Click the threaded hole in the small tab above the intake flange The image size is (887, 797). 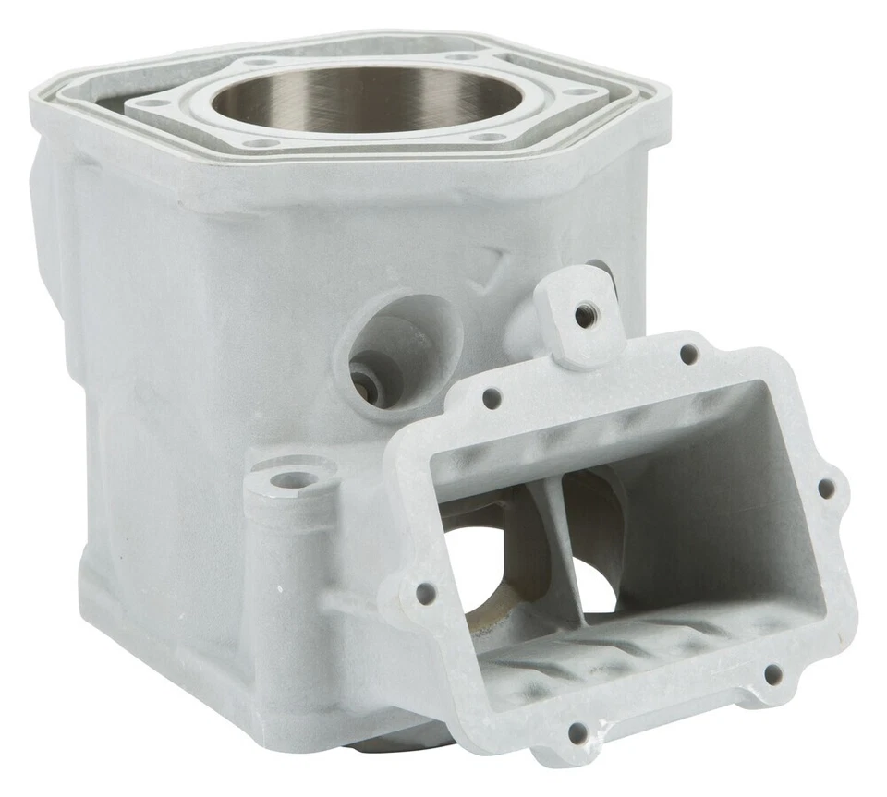point(585,315)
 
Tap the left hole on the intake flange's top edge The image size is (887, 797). point(492,399)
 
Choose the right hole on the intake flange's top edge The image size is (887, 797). point(688,354)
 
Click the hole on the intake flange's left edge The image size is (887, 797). point(426,592)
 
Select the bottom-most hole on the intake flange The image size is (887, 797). point(578,734)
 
